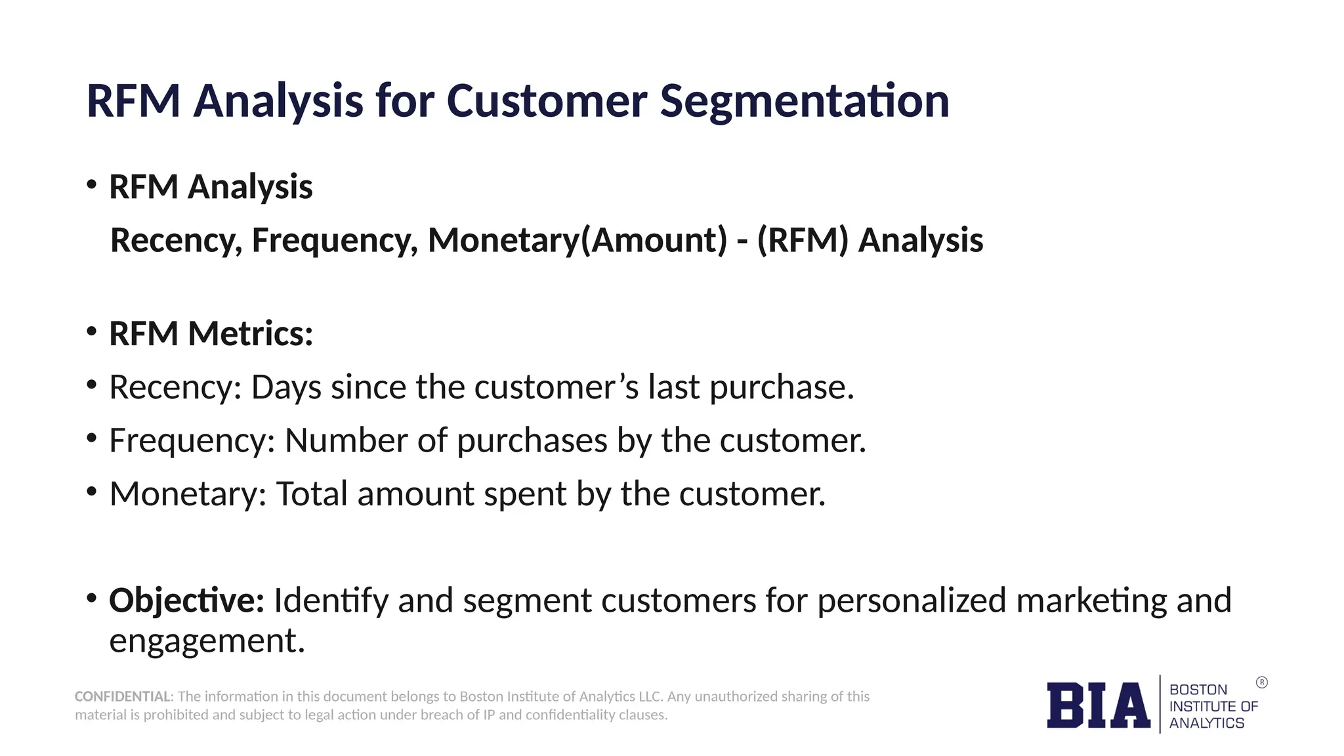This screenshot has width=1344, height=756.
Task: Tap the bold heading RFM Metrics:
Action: [211, 333]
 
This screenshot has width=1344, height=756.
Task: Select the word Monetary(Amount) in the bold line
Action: [577, 240]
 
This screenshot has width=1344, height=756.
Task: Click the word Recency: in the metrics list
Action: [175, 387]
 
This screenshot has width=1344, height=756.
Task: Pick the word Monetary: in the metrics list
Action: [188, 493]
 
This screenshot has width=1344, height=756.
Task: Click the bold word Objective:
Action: [186, 600]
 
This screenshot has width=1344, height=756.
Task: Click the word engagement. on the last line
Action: [207, 640]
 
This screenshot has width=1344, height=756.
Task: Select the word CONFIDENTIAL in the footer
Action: [123, 696]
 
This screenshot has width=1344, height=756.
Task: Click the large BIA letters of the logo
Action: [1098, 705]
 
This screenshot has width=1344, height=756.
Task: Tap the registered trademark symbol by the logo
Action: [1261, 682]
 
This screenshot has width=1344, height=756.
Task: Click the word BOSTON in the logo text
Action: [1198, 690]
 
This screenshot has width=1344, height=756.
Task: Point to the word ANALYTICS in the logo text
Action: [1206, 723]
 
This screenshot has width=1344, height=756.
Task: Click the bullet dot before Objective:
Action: [92, 598]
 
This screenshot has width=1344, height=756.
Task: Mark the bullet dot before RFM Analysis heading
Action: [92, 184]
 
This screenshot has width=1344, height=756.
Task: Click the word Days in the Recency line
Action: [286, 387]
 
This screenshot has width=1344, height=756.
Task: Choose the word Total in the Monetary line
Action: [312, 493]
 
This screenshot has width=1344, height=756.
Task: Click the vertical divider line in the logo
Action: [1160, 704]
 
